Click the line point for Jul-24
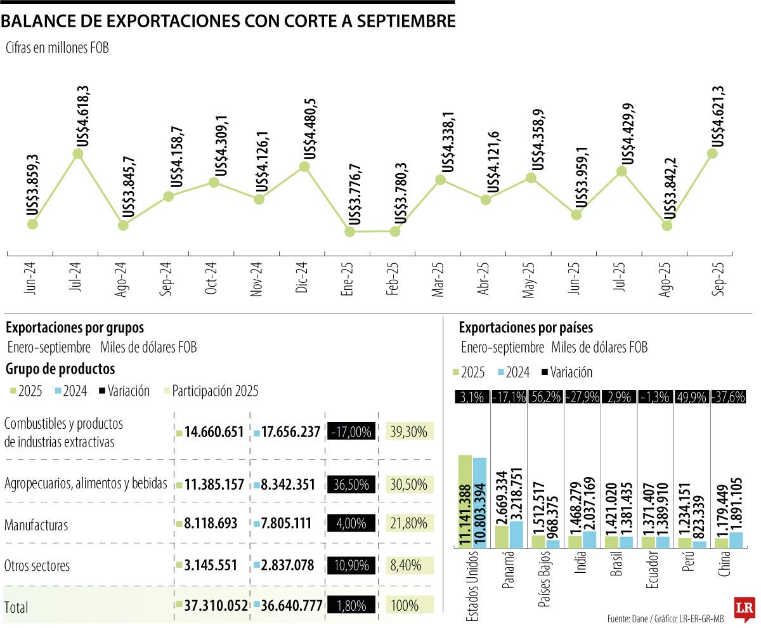79,154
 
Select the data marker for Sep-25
712,153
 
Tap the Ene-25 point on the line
349,232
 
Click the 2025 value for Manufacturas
212,524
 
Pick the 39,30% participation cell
410,432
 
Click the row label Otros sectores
37,565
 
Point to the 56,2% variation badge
545,397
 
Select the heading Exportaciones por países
526,328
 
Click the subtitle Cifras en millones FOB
58,48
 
